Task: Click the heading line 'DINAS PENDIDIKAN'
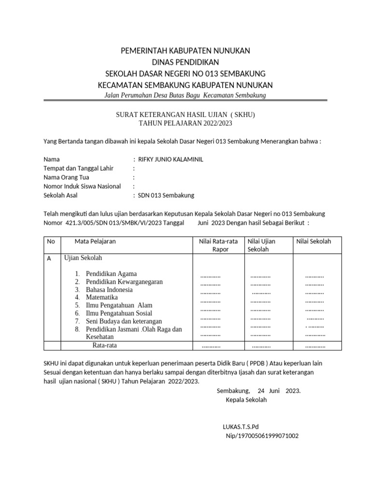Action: point(185,62)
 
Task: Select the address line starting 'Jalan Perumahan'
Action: point(185,96)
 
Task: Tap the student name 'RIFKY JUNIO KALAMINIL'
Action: point(171,160)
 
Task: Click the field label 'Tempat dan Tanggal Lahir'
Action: point(78,168)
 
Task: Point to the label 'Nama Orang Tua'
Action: point(66,177)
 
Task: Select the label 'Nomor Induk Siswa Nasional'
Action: point(82,187)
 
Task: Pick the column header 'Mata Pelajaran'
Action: point(95,241)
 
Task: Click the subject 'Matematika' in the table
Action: point(102,297)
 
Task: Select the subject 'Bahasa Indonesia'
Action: point(109,290)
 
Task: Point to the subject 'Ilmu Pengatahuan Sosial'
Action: point(119,313)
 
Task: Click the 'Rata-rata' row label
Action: point(105,345)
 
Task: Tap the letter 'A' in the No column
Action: point(48,259)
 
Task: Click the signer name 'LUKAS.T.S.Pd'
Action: point(241,427)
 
